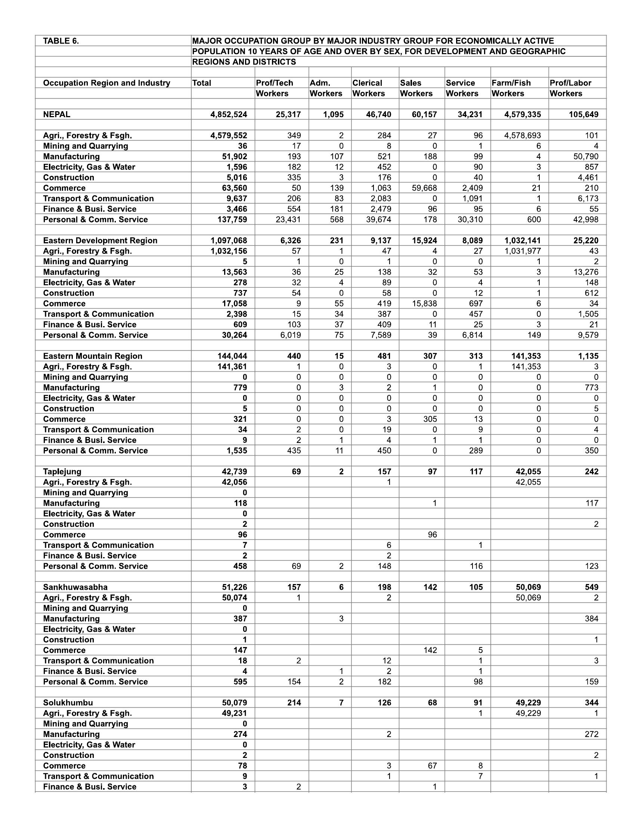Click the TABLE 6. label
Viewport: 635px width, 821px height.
pos(61,41)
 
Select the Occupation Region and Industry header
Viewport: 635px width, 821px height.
pos(106,83)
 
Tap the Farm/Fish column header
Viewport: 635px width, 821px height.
pos(511,83)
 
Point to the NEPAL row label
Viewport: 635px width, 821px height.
pos(56,115)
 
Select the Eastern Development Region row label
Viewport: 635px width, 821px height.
pos(100,241)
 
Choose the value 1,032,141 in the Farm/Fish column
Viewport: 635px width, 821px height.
pos(523,241)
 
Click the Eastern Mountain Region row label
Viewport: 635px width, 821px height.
pos(93,356)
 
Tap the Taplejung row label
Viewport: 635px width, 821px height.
pos(62,472)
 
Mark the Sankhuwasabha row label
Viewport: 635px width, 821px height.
pos(75,587)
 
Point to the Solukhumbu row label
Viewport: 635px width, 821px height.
pos(68,703)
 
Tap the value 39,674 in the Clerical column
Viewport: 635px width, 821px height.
pos(378,219)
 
